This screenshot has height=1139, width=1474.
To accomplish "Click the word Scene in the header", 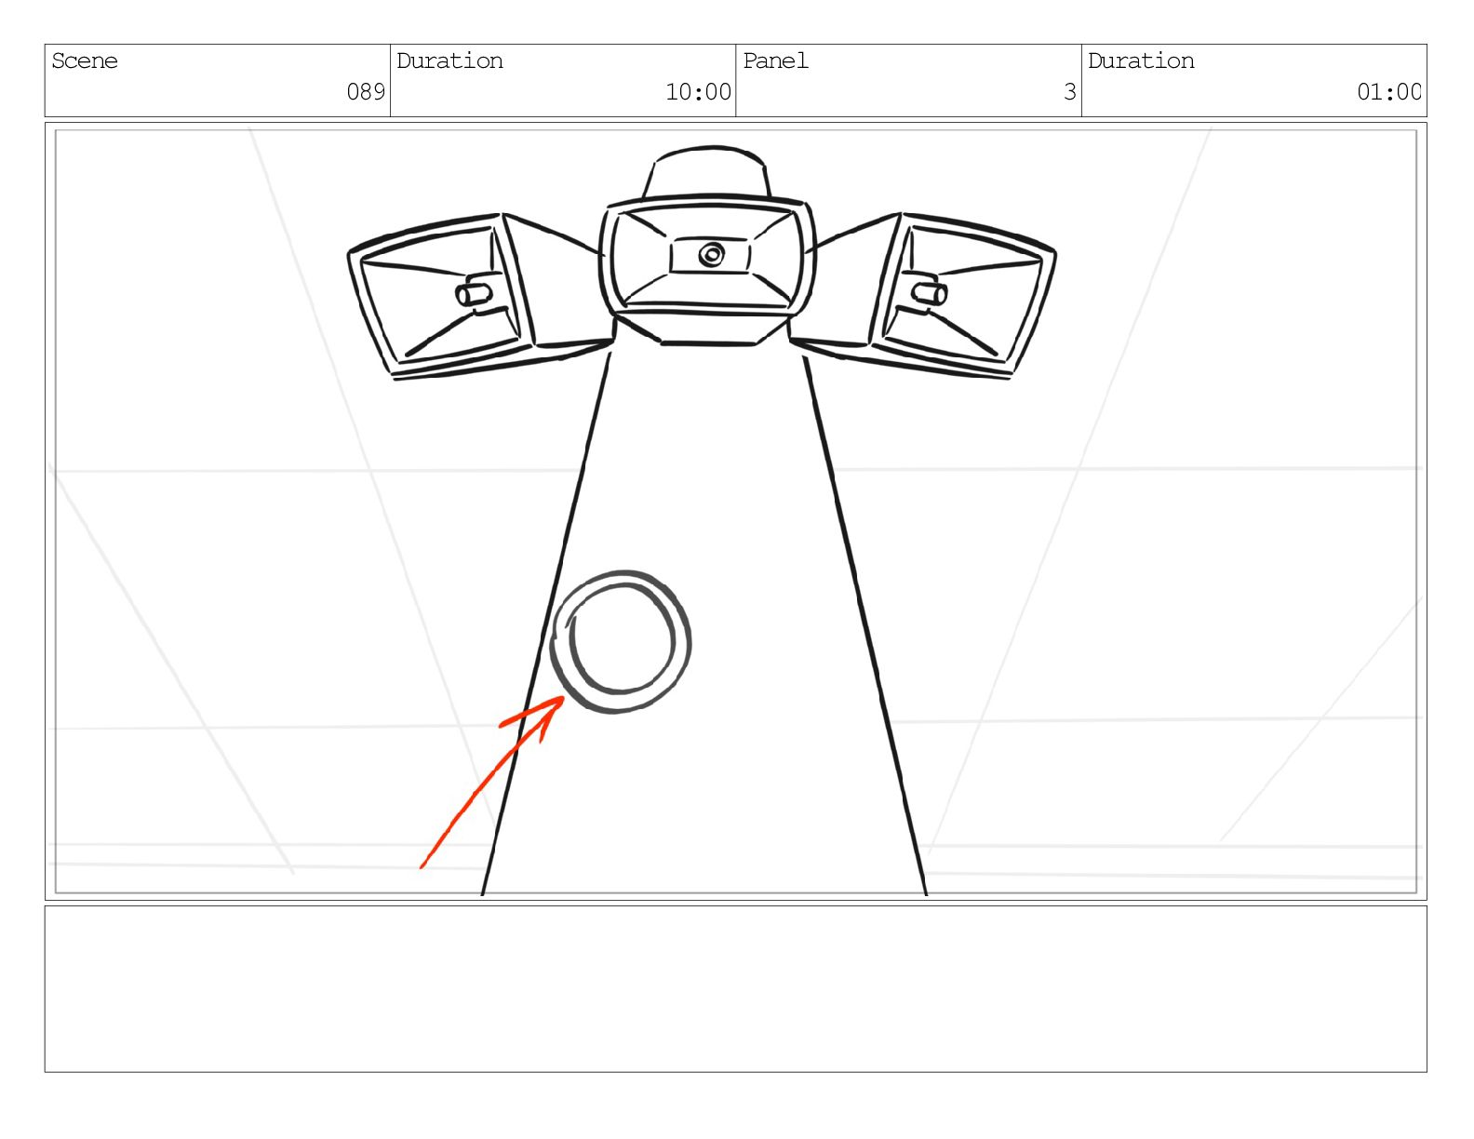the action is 85,61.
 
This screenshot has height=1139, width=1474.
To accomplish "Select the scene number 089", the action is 366,91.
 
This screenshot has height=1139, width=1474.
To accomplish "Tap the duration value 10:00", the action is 698,91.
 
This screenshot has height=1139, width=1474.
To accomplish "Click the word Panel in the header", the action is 775,61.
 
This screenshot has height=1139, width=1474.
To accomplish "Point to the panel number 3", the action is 1070,91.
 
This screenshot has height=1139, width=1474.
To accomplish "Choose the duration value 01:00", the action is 1388,91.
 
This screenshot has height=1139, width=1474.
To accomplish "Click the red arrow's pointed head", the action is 562,698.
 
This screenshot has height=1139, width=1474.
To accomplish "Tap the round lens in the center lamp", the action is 712,255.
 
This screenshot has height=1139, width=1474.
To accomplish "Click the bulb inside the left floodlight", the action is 474,294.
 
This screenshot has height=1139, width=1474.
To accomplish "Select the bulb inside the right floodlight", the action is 930,293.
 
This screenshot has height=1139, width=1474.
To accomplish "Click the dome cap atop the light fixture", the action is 706,171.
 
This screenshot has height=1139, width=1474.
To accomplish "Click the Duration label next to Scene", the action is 449,61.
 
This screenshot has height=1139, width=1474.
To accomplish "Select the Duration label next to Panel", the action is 1141,61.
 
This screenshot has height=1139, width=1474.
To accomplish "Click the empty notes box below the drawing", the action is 736,989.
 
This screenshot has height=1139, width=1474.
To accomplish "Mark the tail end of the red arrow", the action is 422,867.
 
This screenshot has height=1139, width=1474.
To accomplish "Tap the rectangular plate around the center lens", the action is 710,256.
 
